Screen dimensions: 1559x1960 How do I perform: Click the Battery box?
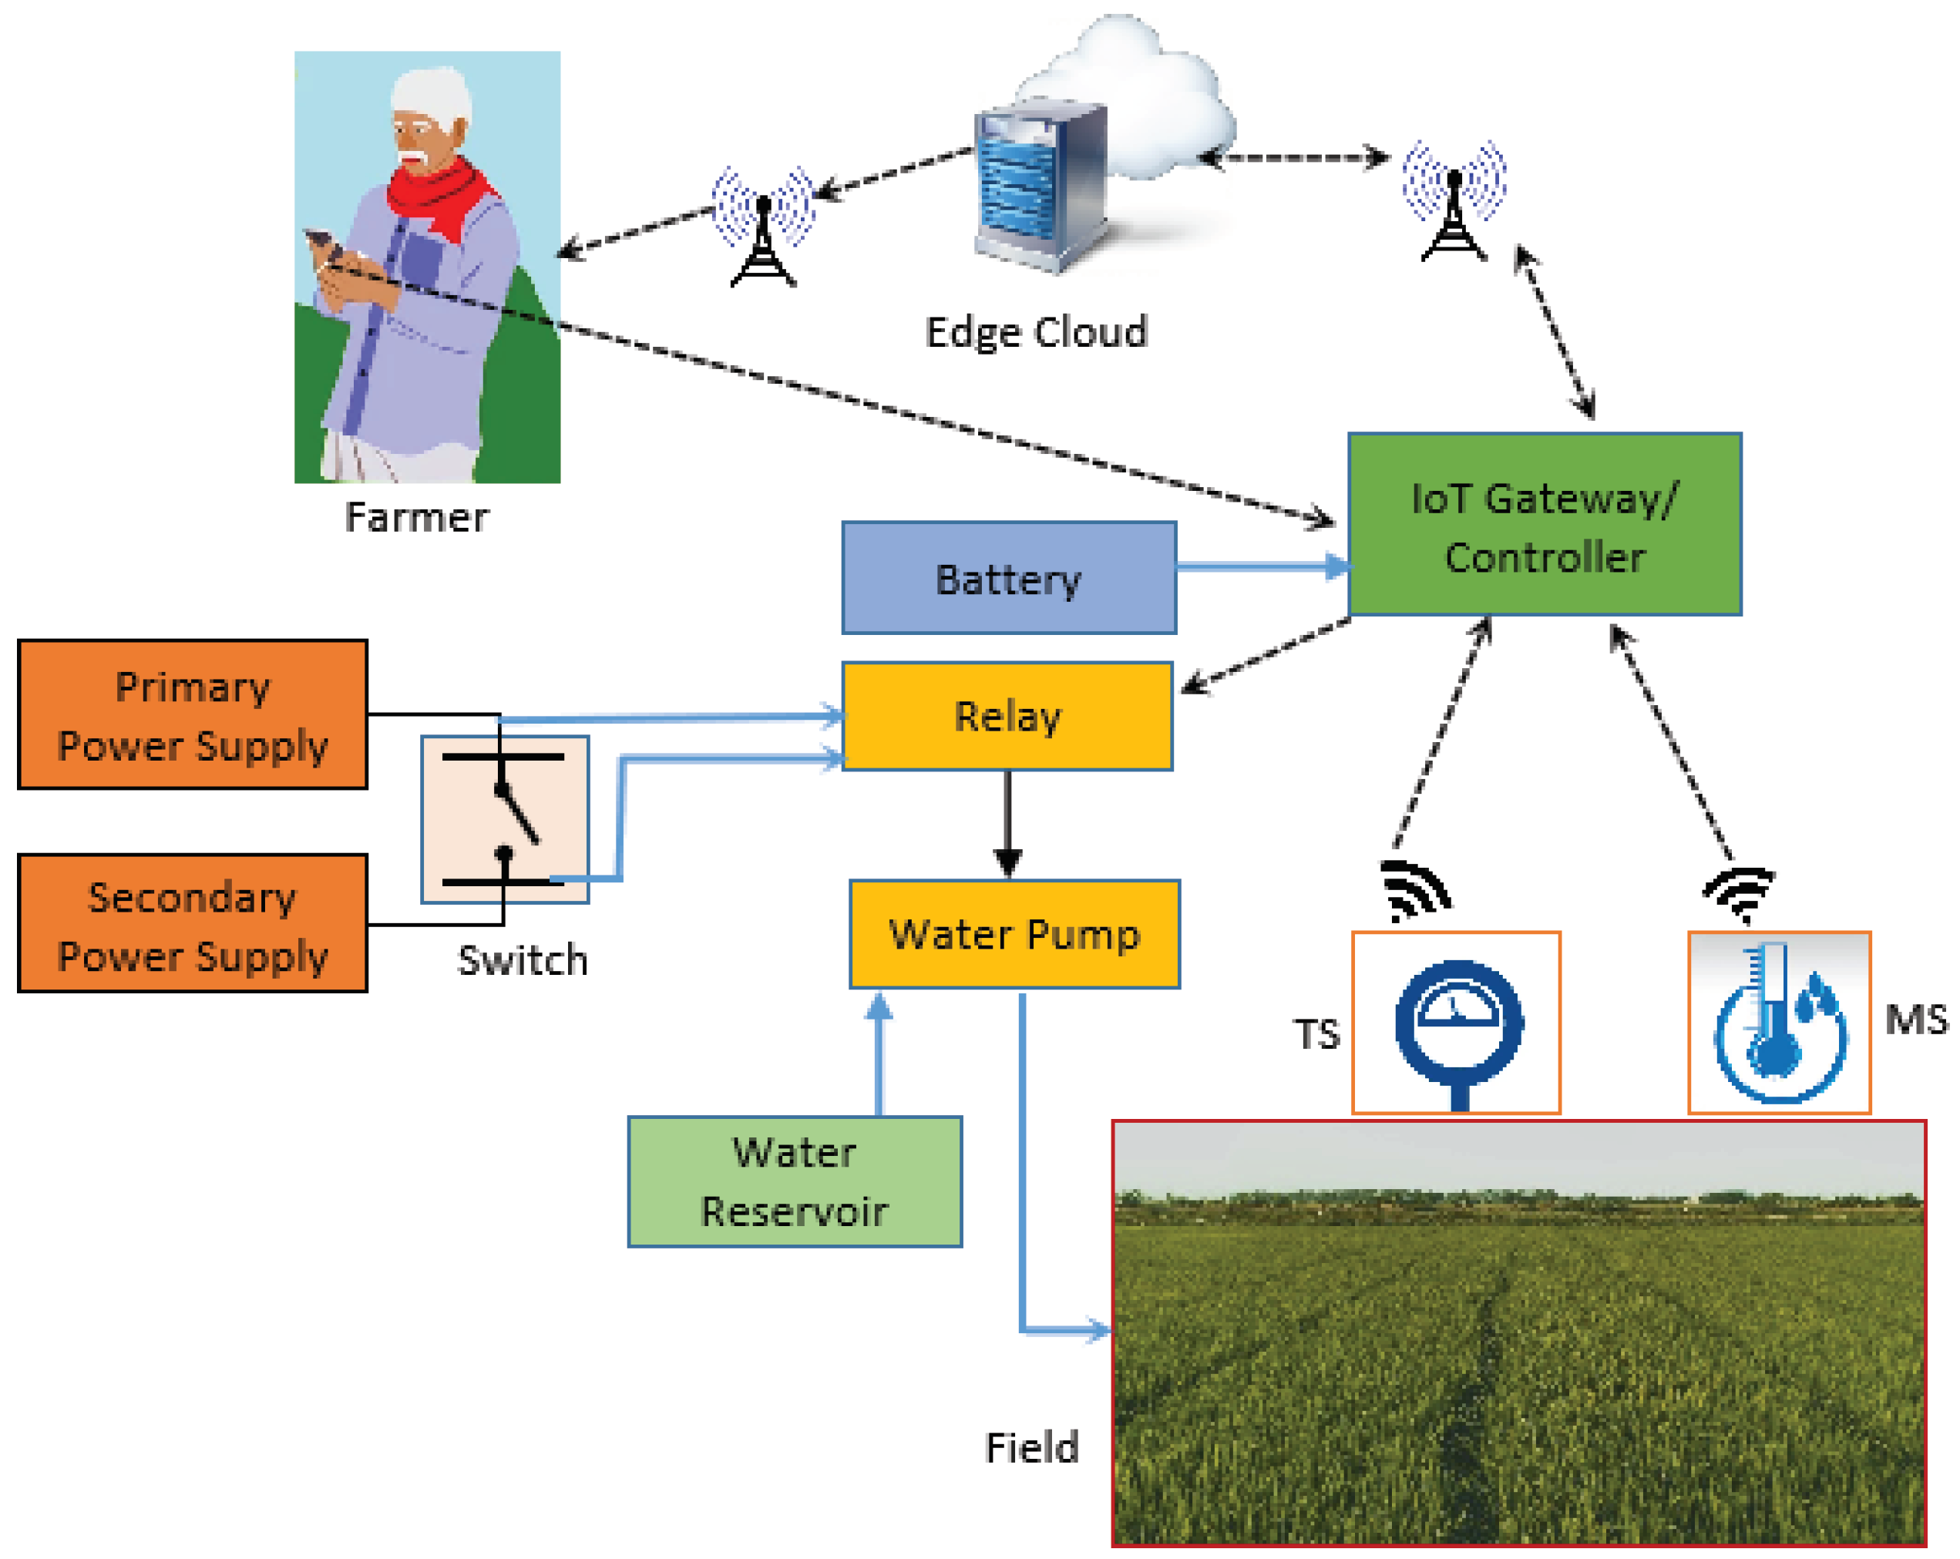tap(1008, 578)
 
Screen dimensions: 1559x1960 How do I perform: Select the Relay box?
tap(1007, 717)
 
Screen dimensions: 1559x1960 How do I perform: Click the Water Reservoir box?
tap(795, 1181)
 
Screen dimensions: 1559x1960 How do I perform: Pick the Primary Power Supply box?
tap(193, 714)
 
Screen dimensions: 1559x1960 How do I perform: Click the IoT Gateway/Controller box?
tap(1544, 525)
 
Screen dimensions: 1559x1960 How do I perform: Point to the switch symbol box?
tap(505, 819)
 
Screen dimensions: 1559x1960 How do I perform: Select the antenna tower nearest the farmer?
tap(763, 227)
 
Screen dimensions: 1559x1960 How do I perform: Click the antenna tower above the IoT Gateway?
tap(1454, 202)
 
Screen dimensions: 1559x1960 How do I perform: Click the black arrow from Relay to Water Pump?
tap(1007, 824)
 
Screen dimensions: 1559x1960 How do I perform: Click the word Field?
tap(1032, 1448)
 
